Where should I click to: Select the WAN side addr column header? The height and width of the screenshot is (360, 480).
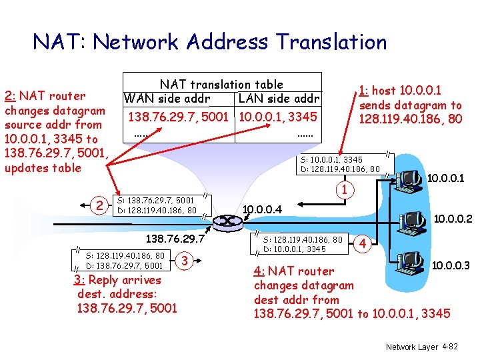pos(167,99)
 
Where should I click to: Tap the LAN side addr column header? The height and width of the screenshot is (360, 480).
pos(279,99)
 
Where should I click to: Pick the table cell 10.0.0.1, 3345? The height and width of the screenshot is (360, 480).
pos(279,117)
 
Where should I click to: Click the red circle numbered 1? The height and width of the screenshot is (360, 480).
pos(344,190)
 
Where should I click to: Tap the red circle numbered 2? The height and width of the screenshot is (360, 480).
pos(99,206)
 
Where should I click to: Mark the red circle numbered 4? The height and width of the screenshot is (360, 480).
pos(363,243)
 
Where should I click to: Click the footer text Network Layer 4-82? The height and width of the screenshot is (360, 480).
pos(421,347)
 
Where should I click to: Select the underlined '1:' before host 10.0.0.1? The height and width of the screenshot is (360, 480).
pos(363,91)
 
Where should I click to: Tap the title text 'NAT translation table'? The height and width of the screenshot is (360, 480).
pos(221,85)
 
